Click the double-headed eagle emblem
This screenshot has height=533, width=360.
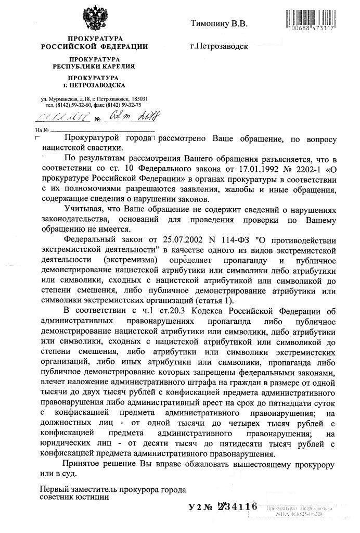point(94,18)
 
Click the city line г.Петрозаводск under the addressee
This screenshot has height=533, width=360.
point(219,46)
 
